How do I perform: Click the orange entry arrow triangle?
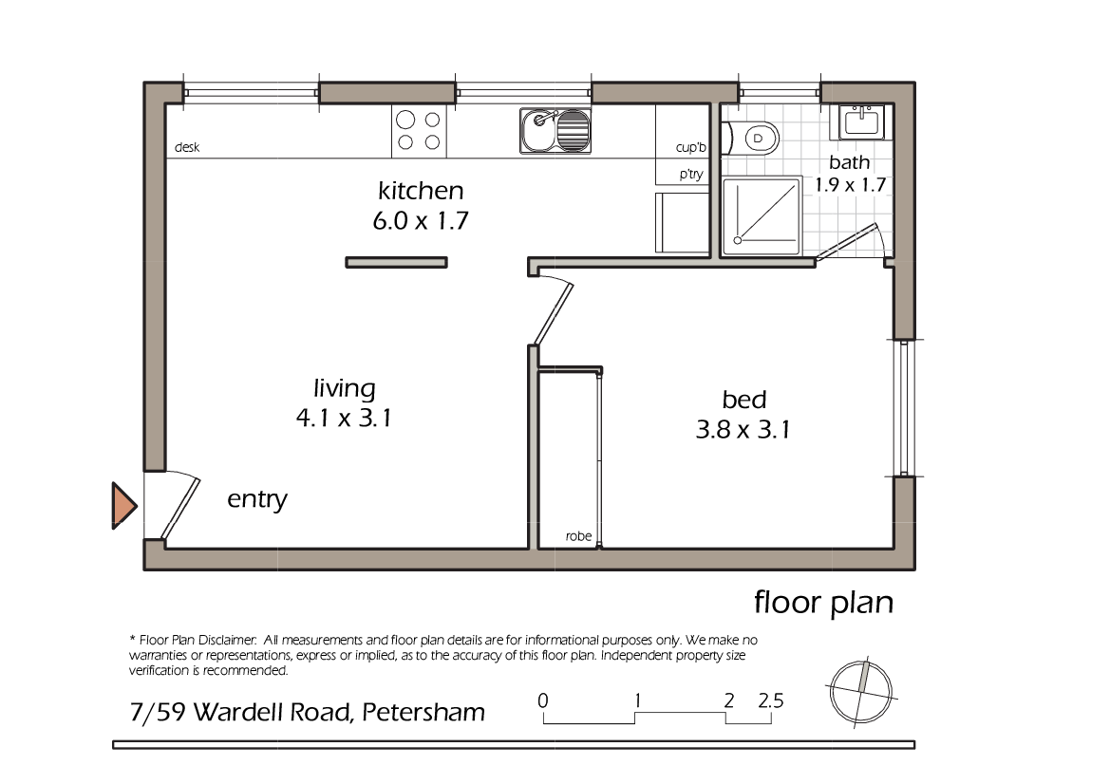click(123, 506)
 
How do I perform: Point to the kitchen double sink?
click(556, 130)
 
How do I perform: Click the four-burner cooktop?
click(419, 131)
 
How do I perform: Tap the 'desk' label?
click(186, 148)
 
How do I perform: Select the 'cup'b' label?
click(691, 148)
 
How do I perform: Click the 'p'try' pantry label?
click(690, 175)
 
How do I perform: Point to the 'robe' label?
click(578, 536)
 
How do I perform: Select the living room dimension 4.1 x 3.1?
click(344, 419)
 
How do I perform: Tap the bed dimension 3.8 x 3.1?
click(743, 430)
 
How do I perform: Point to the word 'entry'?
click(257, 499)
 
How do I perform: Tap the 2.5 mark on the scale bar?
click(771, 702)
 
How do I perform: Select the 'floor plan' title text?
click(823, 602)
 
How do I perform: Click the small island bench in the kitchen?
click(395, 263)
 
